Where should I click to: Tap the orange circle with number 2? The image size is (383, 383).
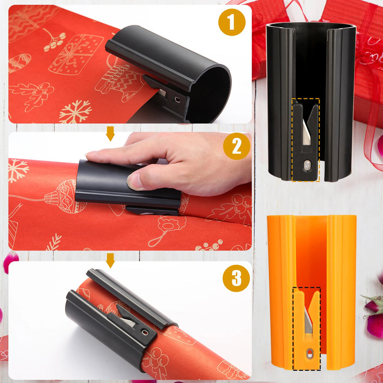pyautogui.click(x=236, y=147)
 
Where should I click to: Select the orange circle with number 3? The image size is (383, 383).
pyautogui.click(x=236, y=278)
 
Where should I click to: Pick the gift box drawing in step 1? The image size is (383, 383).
pyautogui.click(x=76, y=54)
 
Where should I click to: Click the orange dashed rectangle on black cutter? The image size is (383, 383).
pyautogui.click(x=305, y=140)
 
